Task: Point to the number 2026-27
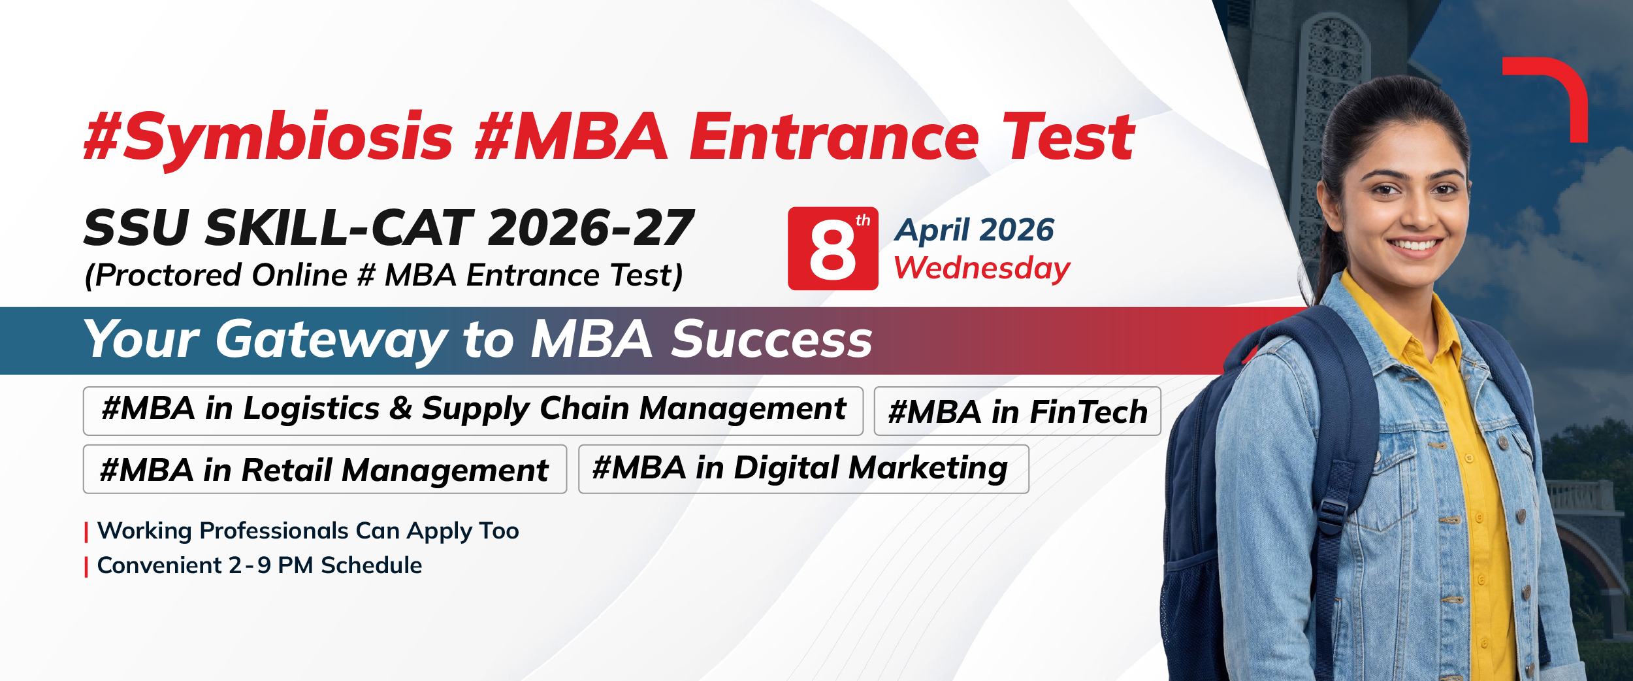[x=590, y=228]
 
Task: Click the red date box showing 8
[x=833, y=248]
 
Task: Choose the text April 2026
[x=974, y=230]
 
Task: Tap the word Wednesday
[x=982, y=269]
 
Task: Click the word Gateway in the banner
[x=332, y=340]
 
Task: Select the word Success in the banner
[x=771, y=339]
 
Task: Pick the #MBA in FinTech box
[x=1017, y=411]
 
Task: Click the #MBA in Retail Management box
[x=325, y=469]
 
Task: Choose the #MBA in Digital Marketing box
[x=803, y=469]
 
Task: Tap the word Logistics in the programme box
[x=311, y=409]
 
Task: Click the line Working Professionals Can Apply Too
[x=308, y=531]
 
